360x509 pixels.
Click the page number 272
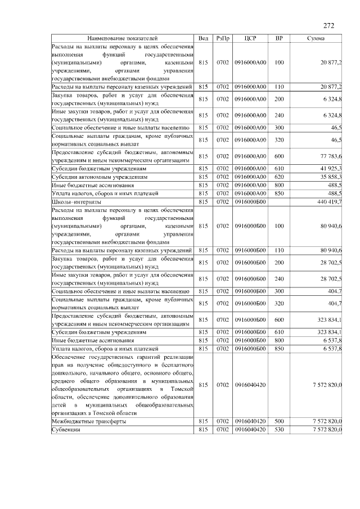[328, 25]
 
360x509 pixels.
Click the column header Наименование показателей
[123, 38]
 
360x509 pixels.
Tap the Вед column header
[204, 38]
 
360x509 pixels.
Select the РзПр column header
[222, 38]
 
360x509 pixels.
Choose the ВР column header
[280, 38]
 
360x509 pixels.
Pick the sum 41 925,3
[331, 169]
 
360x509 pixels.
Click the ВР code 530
[280, 429]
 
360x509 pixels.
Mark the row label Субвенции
[66, 429]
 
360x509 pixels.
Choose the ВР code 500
[280, 421]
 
